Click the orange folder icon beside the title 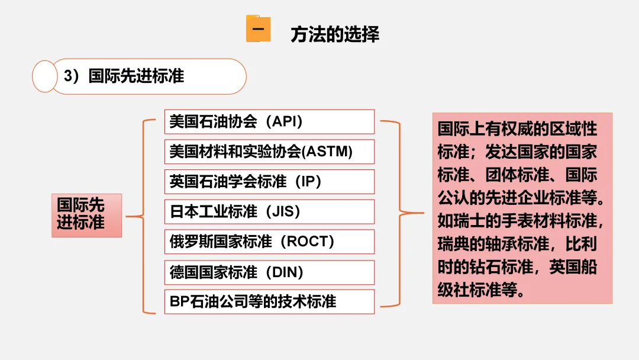(x=258, y=30)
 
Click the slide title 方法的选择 (x=335, y=34)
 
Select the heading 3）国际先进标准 (x=124, y=76)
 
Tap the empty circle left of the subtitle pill (x=43, y=76)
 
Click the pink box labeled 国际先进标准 (x=86, y=215)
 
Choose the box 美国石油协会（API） (x=269, y=121)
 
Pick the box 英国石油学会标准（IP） (x=269, y=182)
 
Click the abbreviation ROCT (x=308, y=242)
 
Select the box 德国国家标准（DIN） (x=269, y=272)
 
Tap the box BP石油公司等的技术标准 (x=269, y=302)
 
